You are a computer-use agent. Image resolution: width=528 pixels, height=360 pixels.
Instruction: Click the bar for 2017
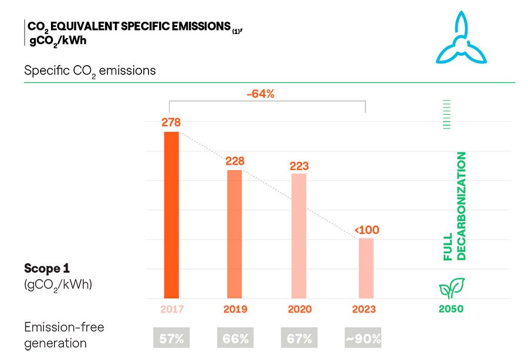pos(171,215)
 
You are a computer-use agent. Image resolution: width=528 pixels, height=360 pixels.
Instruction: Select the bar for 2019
pos(235,233)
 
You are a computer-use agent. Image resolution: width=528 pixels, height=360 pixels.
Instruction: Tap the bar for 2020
pos(299,236)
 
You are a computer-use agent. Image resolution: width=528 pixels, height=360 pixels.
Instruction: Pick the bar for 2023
pos(366,267)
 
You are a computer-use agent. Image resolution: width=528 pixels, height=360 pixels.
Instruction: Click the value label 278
pos(171,123)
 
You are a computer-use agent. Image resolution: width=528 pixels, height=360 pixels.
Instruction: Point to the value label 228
pos(235,161)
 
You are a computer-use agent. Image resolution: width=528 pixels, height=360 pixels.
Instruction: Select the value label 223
pos(299,165)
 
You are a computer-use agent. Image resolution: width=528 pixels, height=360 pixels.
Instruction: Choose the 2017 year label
pos(171,309)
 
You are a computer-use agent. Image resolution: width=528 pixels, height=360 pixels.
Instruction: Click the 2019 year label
pos(235,309)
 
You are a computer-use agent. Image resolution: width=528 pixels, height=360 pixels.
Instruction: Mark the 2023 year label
pos(364,309)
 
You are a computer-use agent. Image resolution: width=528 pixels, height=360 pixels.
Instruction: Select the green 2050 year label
pos(451,309)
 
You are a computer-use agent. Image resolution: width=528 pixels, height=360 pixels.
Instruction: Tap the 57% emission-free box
pos(171,338)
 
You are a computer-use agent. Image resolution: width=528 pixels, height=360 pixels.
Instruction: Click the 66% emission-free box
pos(235,338)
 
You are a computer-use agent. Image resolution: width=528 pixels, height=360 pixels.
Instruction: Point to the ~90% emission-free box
pos(363,338)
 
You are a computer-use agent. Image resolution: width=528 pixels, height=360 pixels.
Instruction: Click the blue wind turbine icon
pos(461,40)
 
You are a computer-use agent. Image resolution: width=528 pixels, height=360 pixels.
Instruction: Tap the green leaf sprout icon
pos(451,288)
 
